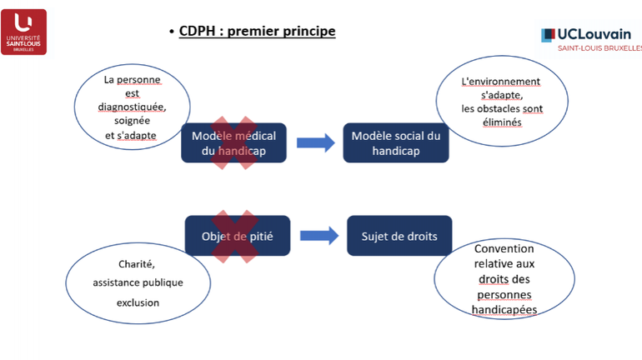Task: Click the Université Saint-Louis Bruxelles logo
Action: click(24, 32)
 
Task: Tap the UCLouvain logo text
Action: click(594, 34)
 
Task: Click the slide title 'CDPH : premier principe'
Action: click(257, 32)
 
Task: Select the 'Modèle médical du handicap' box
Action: click(233, 142)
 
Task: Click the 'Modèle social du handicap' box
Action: click(395, 142)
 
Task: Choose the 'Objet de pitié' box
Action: click(237, 236)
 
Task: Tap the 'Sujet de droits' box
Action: click(399, 236)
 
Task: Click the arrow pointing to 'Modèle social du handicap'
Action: click(314, 142)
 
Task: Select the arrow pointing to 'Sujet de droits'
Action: click(318, 236)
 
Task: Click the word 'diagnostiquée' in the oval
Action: click(132, 107)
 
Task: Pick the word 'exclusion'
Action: click(138, 302)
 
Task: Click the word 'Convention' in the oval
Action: click(504, 249)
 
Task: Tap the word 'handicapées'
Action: click(504, 309)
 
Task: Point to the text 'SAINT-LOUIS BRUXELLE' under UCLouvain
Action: click(599, 48)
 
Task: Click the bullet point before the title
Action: click(171, 33)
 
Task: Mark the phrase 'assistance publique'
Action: click(138, 282)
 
